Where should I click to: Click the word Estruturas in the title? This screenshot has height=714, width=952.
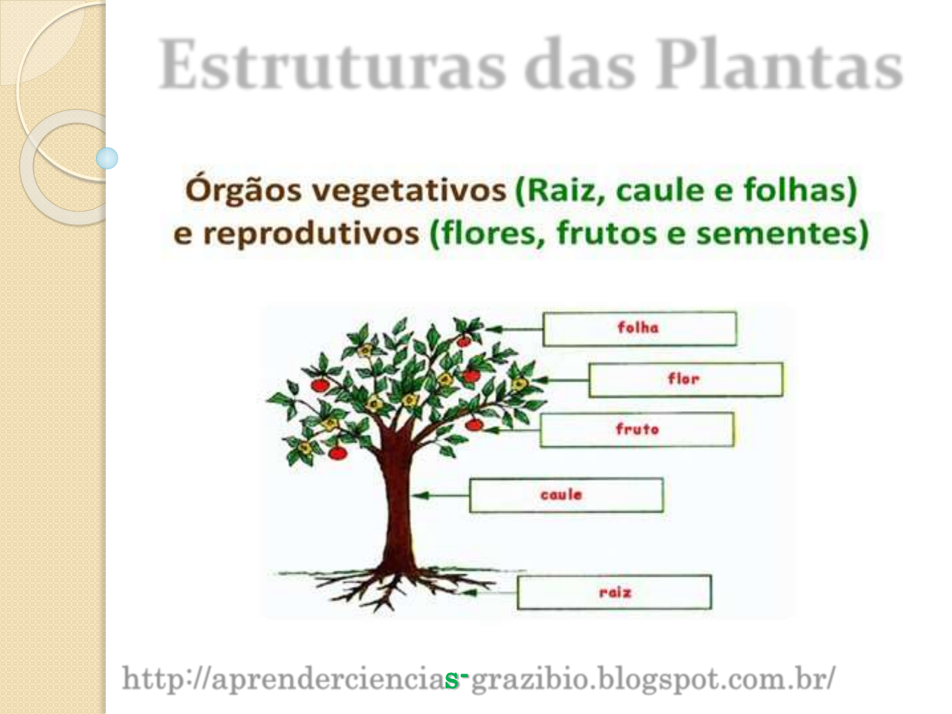coord(332,64)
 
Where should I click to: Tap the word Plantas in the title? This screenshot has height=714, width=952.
coord(779,64)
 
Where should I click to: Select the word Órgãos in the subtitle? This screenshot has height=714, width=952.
coord(243,191)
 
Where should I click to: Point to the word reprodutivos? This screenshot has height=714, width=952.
coord(311,233)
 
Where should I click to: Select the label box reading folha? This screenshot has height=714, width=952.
coord(640,329)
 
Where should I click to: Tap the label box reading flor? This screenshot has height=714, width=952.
coord(686,379)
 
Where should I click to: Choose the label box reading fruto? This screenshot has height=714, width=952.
coord(637,430)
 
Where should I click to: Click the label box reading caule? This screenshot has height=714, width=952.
coord(567,495)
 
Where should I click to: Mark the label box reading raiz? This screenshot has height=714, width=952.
coord(615,592)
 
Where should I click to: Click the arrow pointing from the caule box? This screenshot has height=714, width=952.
coord(441,495)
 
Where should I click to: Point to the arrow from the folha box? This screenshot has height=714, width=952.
coord(514,329)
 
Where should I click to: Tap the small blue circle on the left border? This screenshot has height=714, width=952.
coord(107,158)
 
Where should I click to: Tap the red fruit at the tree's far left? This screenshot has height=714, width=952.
coord(320,385)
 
